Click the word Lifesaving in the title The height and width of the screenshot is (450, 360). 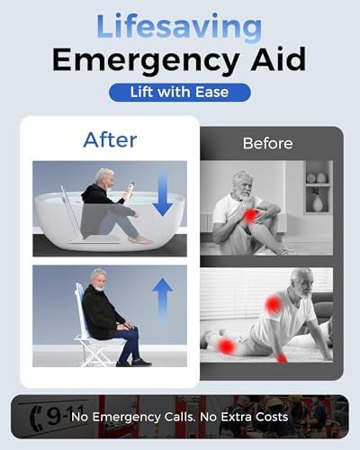point(179,28)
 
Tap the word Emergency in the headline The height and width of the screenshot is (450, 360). point(146,60)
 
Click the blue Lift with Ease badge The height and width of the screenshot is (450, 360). point(180,92)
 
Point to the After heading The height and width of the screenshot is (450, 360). point(110,139)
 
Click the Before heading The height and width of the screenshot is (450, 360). point(267,143)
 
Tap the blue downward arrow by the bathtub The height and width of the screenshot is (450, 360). point(162,195)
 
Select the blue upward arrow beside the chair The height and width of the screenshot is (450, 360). point(162,301)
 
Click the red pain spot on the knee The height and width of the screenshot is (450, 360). point(250,215)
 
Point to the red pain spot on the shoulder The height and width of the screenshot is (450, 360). point(273,304)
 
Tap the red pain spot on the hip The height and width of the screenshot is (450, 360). point(227,346)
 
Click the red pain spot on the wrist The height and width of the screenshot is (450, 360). point(282,358)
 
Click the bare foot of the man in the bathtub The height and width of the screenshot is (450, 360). point(140,239)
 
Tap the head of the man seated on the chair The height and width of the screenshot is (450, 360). point(99,280)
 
